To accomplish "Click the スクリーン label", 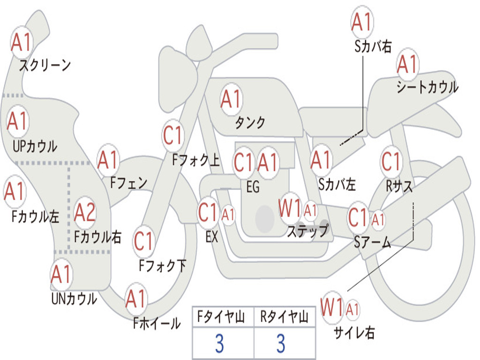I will (x=45, y=65).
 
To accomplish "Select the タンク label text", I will (x=250, y=123).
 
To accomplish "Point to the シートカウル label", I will (x=427, y=88).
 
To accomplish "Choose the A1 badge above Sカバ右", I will (x=361, y=22).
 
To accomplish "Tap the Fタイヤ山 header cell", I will (x=222, y=318).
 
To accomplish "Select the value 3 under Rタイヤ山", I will (x=280, y=344).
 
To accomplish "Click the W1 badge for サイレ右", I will (x=332, y=308).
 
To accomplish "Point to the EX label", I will (x=211, y=237).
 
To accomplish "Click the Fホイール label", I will (x=157, y=323).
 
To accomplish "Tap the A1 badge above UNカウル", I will (x=61, y=275).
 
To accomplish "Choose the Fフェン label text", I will (x=128, y=183).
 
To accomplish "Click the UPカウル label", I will (x=35, y=146).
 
